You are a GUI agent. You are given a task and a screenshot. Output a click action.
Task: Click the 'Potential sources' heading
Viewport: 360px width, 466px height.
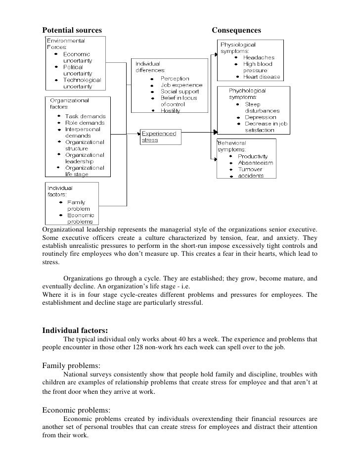pos(71,31)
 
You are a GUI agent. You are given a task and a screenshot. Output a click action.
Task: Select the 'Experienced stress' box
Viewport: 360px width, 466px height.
pos(159,136)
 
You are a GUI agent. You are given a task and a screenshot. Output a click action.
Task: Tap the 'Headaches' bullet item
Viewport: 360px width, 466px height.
pos(258,57)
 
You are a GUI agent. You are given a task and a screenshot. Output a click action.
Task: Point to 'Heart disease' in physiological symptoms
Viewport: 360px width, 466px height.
pos(262,77)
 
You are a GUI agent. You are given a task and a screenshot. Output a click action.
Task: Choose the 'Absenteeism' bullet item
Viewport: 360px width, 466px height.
pos(255,163)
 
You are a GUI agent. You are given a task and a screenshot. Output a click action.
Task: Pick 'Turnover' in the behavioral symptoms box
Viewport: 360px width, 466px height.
pos(251,169)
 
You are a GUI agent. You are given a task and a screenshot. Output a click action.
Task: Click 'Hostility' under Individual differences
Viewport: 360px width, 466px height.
pos(171,110)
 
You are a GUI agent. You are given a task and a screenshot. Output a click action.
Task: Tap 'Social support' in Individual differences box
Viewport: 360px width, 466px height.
pos(180,92)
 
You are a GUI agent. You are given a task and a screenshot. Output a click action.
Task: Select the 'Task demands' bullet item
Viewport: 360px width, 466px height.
pos(85,116)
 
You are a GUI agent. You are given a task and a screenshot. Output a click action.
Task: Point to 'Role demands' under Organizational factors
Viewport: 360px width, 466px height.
pos(85,123)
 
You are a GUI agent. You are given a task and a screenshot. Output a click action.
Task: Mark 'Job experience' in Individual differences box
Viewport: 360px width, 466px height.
pos(181,85)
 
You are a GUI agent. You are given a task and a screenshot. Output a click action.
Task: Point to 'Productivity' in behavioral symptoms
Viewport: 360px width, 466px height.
pos(256,156)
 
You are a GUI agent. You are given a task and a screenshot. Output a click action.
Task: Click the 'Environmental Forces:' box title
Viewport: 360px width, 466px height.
pos(66,44)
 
